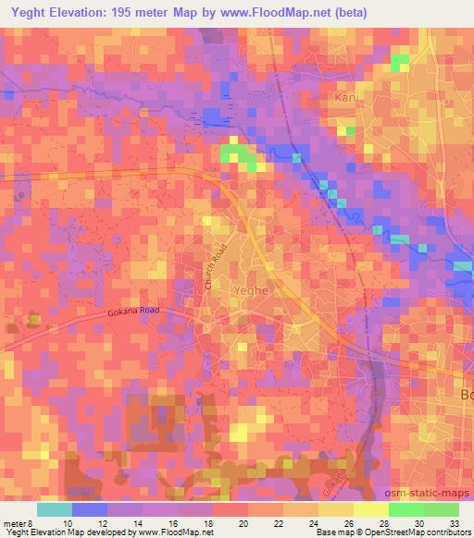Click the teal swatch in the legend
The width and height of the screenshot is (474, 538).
click(55, 509)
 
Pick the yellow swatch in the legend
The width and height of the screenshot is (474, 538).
click(370, 509)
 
